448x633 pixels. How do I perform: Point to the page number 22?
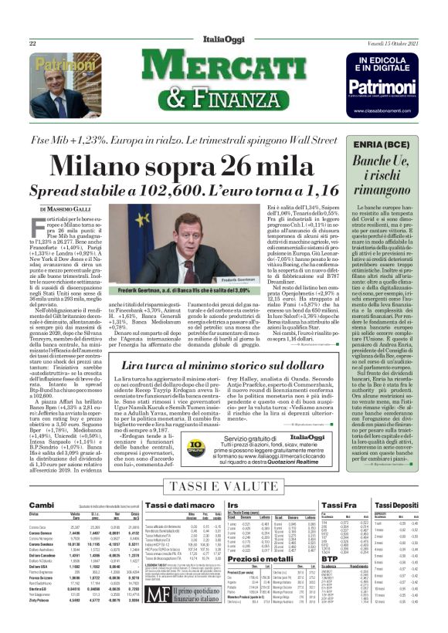tap(33, 43)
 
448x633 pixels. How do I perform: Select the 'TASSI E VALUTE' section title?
tap(223, 486)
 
